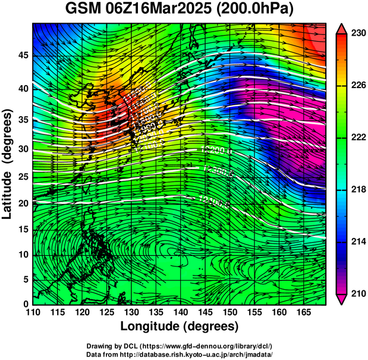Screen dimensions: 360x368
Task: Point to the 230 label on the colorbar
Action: tap(358, 33)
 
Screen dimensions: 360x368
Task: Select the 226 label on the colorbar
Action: tap(358, 86)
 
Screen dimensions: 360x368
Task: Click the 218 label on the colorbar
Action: tap(358, 189)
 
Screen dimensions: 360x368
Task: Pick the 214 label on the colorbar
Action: tap(358, 242)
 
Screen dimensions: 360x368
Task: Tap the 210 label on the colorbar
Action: tap(358, 293)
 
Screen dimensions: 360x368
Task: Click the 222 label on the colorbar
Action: tap(358, 137)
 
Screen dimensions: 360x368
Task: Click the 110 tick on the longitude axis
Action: tap(33, 313)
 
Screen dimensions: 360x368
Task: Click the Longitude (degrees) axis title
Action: tap(180, 327)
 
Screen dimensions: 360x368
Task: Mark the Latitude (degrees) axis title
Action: tap(8, 164)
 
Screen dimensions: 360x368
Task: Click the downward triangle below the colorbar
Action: tap(342, 300)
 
